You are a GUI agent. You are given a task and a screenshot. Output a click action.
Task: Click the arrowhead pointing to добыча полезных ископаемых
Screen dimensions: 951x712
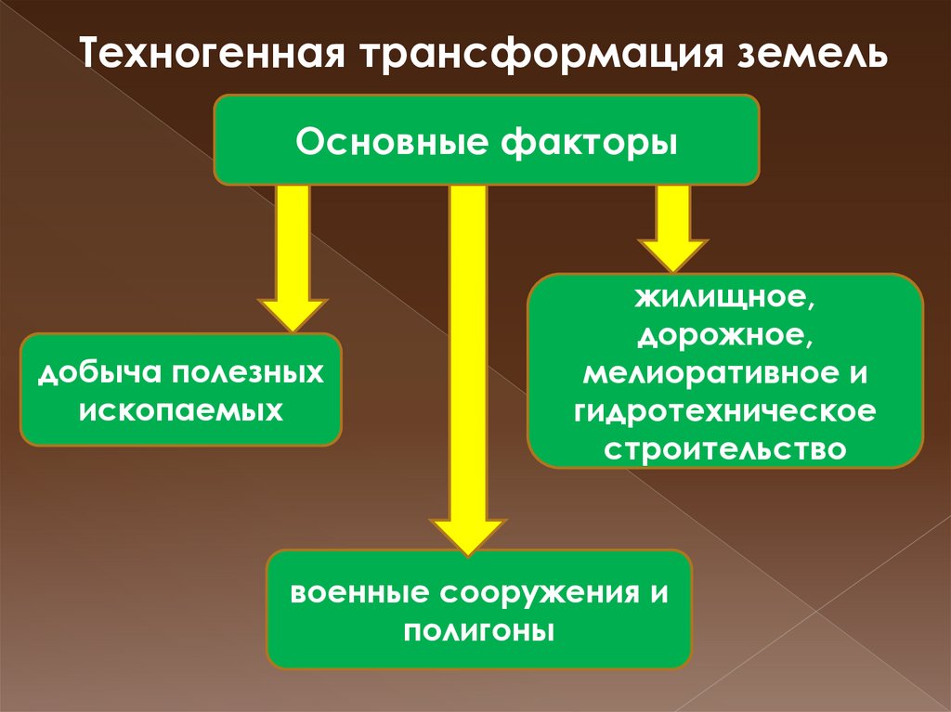pyautogui.click(x=293, y=313)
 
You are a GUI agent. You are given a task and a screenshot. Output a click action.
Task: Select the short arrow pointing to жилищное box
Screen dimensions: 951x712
pyautogui.click(x=673, y=232)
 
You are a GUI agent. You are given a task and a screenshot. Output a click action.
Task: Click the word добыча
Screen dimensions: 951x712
pyautogui.click(x=89, y=374)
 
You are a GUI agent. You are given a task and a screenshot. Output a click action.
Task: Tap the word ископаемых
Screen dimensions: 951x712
pyautogui.click(x=181, y=408)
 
